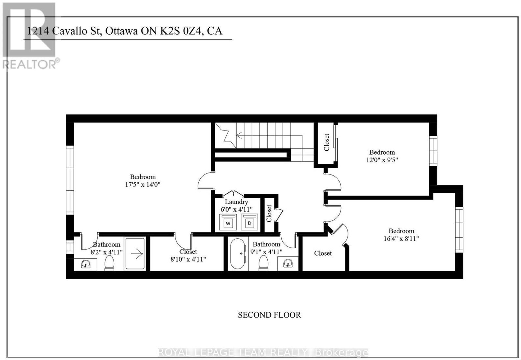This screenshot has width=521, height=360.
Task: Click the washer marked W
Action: pos(228,222)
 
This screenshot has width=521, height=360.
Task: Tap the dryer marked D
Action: pos(249,222)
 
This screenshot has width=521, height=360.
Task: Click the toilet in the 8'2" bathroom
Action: pos(109,263)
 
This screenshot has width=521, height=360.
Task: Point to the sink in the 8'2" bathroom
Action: pos(86,264)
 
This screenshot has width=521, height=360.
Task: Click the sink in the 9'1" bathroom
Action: pos(288,263)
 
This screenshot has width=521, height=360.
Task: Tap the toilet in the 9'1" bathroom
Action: pos(263,263)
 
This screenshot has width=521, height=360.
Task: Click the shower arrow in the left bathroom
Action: pos(137,254)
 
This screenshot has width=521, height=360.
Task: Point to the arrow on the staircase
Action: pos(269,135)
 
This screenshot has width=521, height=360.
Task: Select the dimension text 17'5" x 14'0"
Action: pos(143,185)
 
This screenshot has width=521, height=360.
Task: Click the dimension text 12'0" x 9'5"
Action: pos(382,160)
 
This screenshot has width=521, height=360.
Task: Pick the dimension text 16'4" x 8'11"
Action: pos(401,239)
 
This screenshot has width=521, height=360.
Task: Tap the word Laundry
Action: pos(236,202)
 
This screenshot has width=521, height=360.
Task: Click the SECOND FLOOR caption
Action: pos(269,315)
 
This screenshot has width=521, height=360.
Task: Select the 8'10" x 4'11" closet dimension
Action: pos(188,259)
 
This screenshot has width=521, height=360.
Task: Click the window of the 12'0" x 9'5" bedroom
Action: pos(433,151)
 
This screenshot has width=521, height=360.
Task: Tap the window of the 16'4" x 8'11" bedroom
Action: pos(459,229)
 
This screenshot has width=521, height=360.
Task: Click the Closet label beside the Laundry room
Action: pos(269,213)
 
